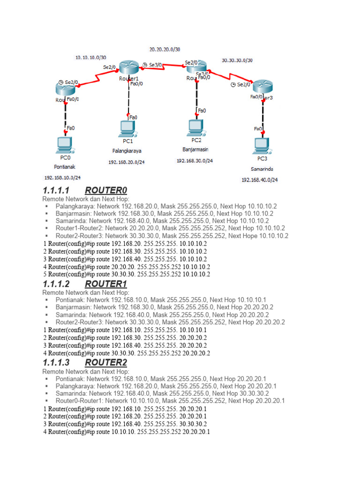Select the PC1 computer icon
click(127, 128)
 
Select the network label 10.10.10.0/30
click(91, 58)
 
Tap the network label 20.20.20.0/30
click(165, 49)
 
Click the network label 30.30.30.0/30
click(237, 60)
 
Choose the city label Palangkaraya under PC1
click(127, 151)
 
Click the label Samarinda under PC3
click(262, 169)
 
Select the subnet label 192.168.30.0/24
click(195, 160)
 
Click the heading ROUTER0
click(106, 190)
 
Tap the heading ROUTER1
click(106, 284)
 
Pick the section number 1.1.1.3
click(56, 363)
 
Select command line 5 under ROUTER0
click(127, 274)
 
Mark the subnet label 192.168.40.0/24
click(260, 180)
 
